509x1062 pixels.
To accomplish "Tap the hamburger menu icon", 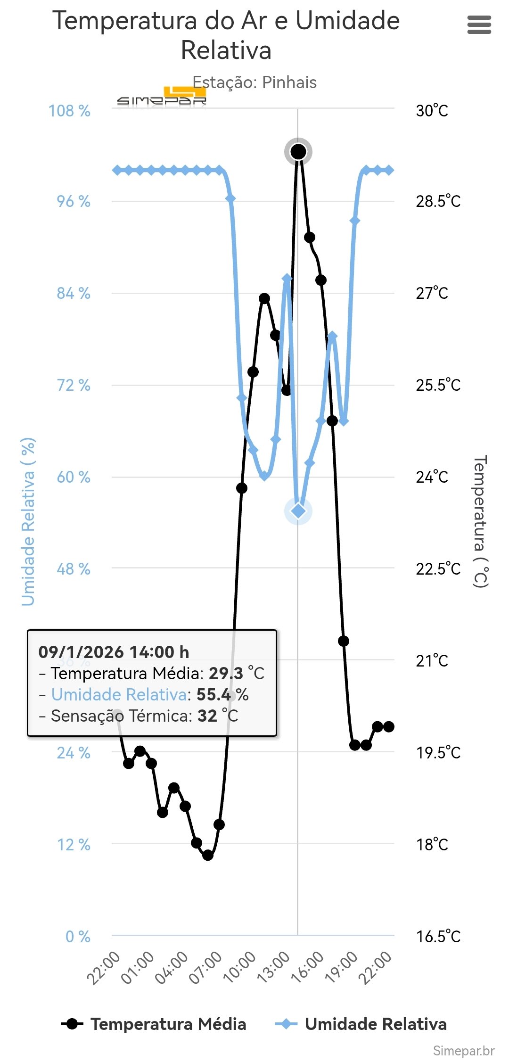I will (479, 25).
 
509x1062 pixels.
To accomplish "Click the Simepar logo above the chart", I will (162, 98).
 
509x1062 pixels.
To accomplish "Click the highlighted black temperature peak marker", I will (298, 152).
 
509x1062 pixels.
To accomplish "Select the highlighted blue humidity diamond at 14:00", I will (298, 511).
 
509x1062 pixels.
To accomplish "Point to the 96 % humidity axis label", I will (74, 202).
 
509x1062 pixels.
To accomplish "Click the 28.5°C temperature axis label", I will (438, 202).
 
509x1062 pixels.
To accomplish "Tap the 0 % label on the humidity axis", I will (78, 937).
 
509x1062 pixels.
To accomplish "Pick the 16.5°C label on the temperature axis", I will (438, 937).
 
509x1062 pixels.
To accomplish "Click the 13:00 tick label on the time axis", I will (273, 967).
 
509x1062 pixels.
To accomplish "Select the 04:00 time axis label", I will (172, 967).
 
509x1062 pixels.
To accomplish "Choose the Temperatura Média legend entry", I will (154, 1024).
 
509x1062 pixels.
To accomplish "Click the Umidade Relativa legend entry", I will (361, 1024).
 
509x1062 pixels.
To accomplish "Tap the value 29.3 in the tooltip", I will (226, 673).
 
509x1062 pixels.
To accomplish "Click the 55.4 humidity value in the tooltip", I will (213, 694).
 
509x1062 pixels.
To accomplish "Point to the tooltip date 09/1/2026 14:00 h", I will (114, 652).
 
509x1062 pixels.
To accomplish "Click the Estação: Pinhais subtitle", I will (254, 82).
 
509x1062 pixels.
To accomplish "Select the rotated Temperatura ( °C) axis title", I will (480, 521).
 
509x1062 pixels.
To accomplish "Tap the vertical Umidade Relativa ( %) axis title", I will (28, 521).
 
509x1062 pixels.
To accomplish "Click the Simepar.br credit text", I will (463, 1051).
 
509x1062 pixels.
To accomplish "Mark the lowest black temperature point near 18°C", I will (208, 855).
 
